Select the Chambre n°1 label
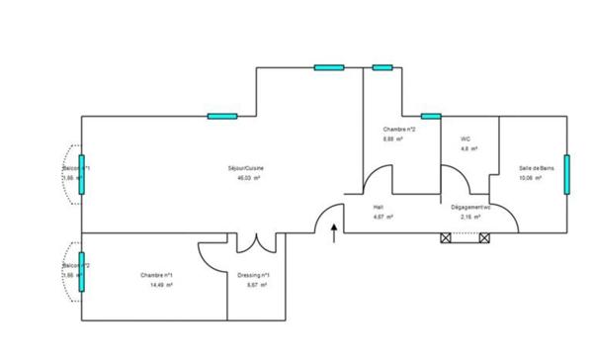pyautogui.click(x=156, y=274)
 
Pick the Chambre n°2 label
pyautogui.click(x=399, y=130)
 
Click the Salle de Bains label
pyautogui.click(x=537, y=168)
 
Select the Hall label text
pyautogui.click(x=379, y=207)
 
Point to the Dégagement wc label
pyautogui.click(x=470, y=207)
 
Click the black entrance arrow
pyautogui.click(x=334, y=233)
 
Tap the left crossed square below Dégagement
pyautogui.click(x=445, y=237)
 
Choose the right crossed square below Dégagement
pyautogui.click(x=483, y=237)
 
